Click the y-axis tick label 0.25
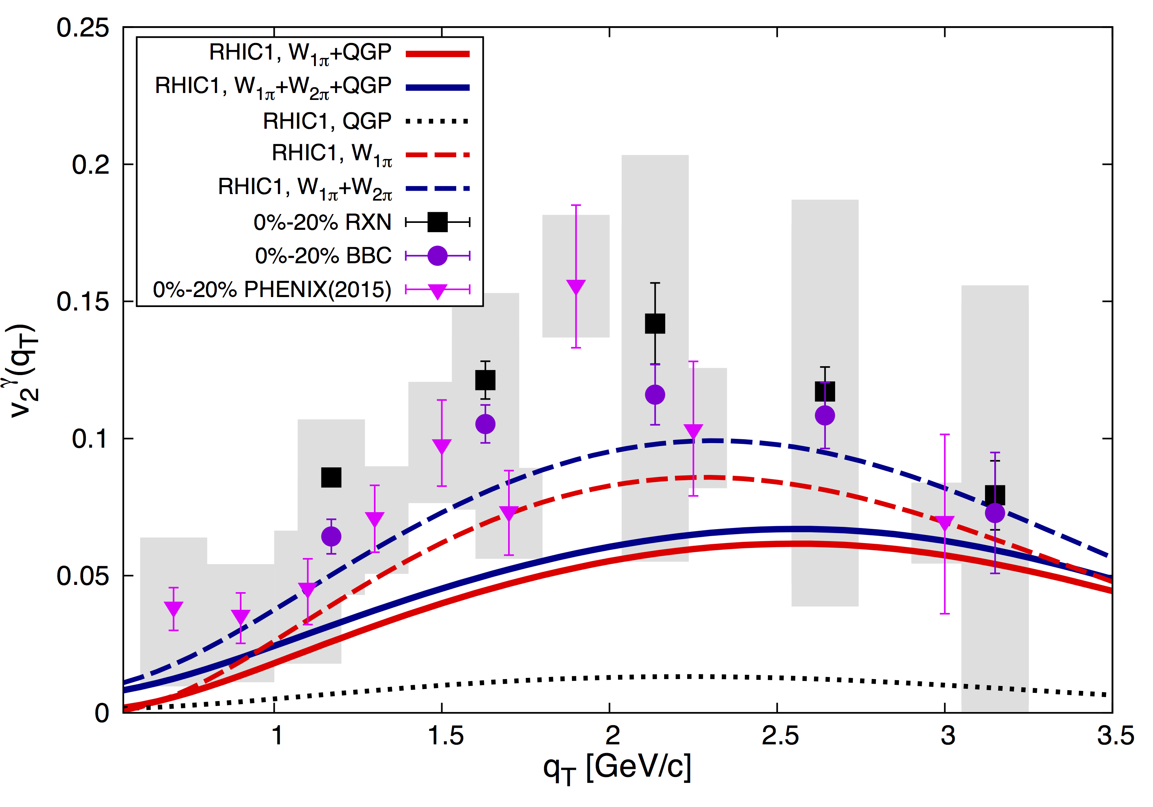[x=82, y=28]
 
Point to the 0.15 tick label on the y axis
[x=82, y=302]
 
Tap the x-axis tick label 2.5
[x=780, y=736]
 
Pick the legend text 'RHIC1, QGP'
[x=327, y=121]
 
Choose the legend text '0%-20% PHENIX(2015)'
[x=272, y=290]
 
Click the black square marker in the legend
[x=437, y=222]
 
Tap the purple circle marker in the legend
[x=437, y=256]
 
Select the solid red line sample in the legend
[x=437, y=54]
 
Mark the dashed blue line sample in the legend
[x=437, y=189]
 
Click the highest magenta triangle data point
[x=576, y=287]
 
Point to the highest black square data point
[x=655, y=324]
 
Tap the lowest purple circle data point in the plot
[x=331, y=536]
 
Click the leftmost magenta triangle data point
[x=174, y=609]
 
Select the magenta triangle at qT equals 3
[x=945, y=523]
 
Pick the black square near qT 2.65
[x=824, y=391]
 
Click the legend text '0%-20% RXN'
[x=322, y=223]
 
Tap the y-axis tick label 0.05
[x=82, y=576]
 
